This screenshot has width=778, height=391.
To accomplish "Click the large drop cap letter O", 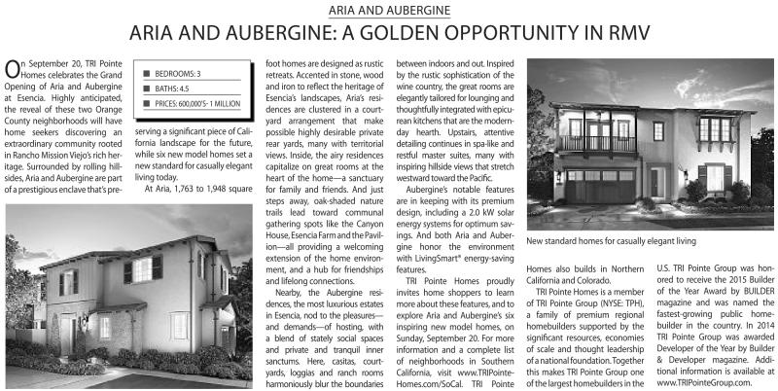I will [13, 69].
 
